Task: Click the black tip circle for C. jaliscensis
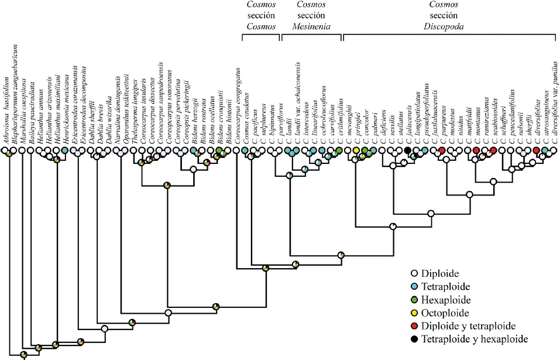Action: pyautogui.click(x=407, y=151)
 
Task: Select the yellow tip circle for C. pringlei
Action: pyautogui.click(x=356, y=151)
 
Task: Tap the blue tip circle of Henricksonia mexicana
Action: pyautogui.click(x=65, y=151)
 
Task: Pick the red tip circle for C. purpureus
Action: pyautogui.click(x=442, y=151)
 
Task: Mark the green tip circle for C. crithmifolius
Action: pyautogui.click(x=339, y=151)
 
